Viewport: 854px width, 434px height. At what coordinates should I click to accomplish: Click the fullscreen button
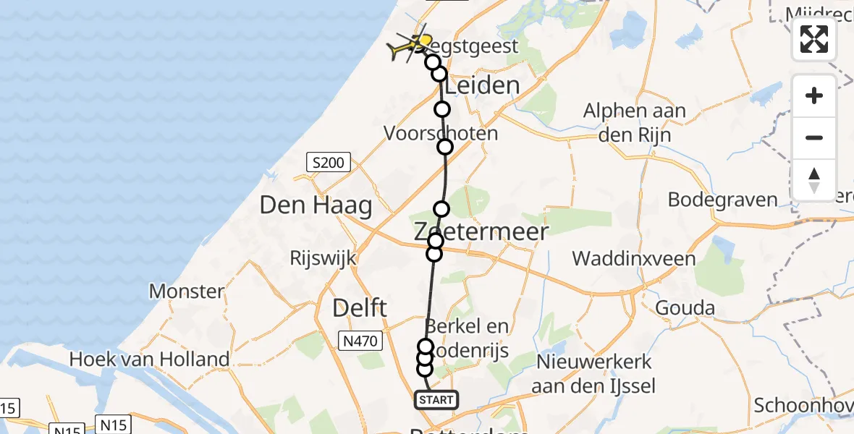pos(814,39)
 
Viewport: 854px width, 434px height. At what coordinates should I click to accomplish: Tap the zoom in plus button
pos(814,96)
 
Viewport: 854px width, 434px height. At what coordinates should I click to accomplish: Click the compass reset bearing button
pos(814,180)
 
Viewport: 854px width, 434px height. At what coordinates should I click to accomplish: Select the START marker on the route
pos(435,399)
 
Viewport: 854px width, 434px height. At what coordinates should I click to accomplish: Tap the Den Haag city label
pos(316,205)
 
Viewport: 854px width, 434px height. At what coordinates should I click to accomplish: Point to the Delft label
pos(359,308)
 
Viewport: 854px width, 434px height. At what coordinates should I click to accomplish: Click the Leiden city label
pos(481,86)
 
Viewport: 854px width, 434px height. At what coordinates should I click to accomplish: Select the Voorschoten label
pos(441,133)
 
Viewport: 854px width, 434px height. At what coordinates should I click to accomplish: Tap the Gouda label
pos(685,308)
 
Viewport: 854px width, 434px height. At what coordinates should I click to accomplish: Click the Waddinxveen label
pos(634,258)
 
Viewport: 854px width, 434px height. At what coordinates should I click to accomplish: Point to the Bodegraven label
pos(722,200)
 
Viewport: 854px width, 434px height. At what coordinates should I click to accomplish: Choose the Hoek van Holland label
pos(149,358)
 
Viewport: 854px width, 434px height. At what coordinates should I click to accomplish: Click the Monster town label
pos(187,292)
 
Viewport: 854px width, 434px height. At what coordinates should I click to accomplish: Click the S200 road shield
pos(328,163)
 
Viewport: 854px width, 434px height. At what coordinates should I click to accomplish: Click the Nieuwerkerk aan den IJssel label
pos(593,373)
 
